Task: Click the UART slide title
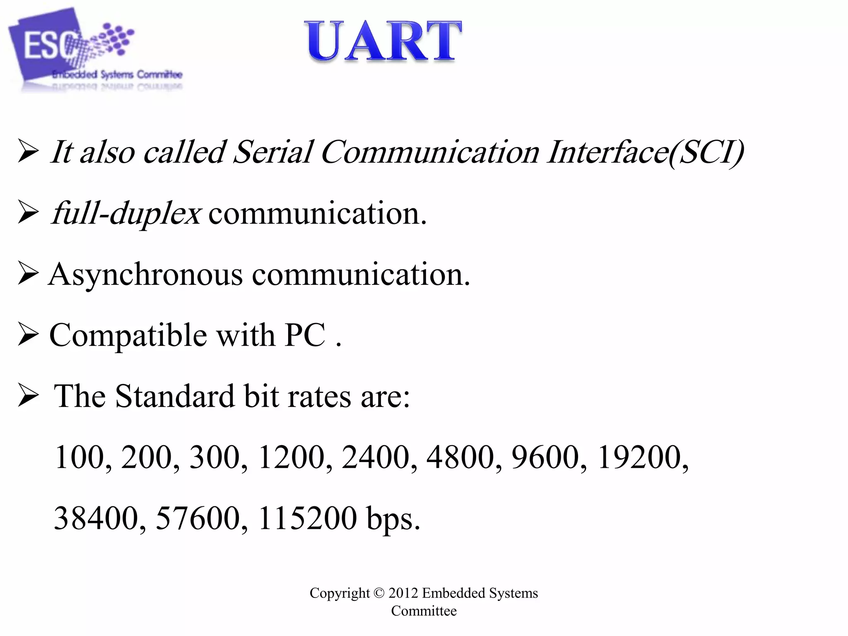click(383, 41)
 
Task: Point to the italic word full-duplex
click(127, 214)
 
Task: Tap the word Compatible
click(128, 335)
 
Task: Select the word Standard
click(174, 396)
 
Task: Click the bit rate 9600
click(545, 457)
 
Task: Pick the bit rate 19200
click(639, 457)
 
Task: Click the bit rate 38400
click(96, 518)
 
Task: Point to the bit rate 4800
click(460, 457)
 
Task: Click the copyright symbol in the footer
click(379, 593)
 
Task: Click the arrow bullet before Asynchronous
click(28, 275)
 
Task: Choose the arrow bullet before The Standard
click(28, 396)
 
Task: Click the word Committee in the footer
click(424, 611)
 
